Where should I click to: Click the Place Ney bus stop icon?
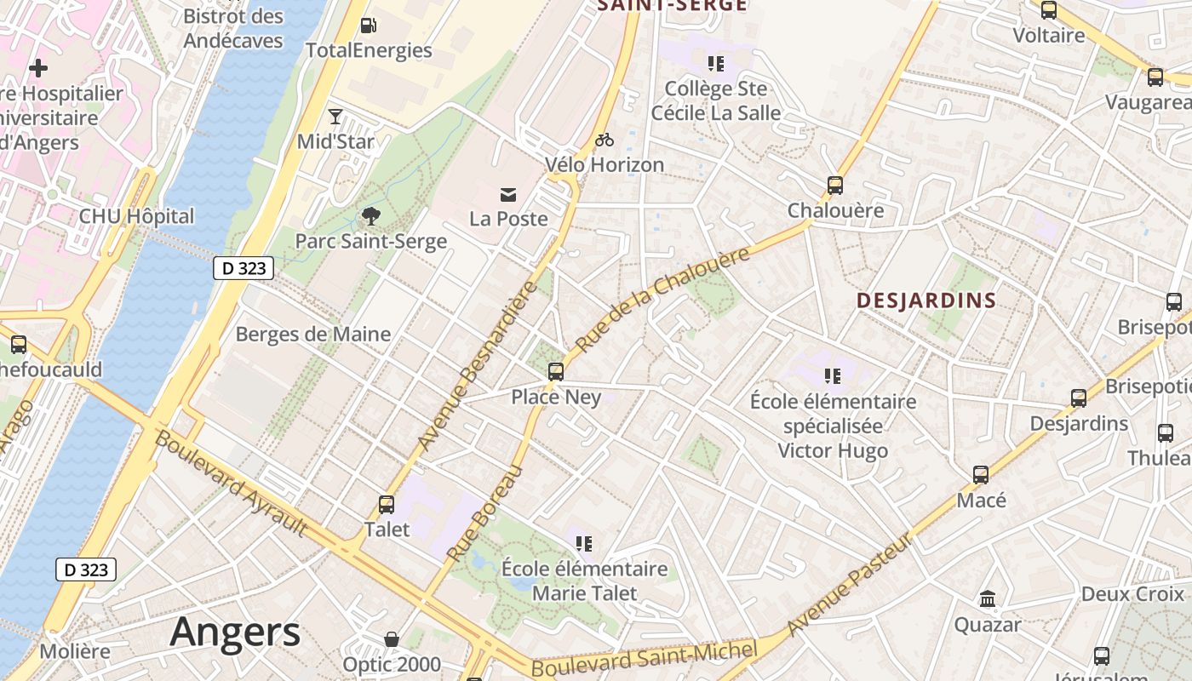[556, 371]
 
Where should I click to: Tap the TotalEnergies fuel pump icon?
[368, 26]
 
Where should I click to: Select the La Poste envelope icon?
[508, 195]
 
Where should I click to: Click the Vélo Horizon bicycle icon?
[605, 140]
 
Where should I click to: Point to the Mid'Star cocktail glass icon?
[335, 117]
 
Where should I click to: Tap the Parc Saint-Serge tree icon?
[371, 216]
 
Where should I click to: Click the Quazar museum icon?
[988, 599]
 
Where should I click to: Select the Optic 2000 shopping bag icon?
[392, 638]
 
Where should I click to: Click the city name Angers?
[235, 632]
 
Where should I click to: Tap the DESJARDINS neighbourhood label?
[926, 300]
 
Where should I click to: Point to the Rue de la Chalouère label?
[663, 299]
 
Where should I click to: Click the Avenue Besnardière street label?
[479, 366]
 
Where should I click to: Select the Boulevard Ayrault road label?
[231, 484]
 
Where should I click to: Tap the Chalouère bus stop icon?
[835, 185]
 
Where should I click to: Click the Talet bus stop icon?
[387, 504]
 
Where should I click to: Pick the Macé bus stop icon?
[981, 475]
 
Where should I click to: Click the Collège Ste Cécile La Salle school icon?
[715, 63]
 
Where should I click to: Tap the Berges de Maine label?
[312, 334]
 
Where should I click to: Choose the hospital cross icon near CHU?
[38, 68]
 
